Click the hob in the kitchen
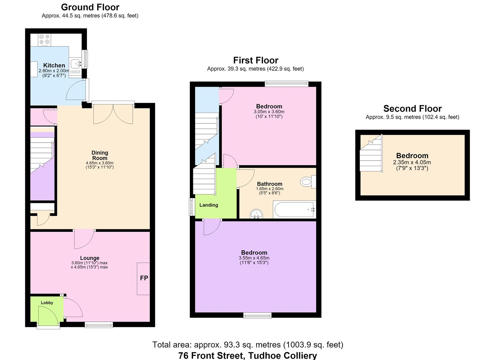[44, 40]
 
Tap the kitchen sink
[75, 64]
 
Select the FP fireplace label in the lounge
[144, 278]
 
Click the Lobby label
[47, 303]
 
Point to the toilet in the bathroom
[308, 182]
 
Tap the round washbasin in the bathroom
[256, 214]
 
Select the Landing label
[209, 205]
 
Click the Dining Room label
[100, 155]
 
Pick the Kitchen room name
[54, 65]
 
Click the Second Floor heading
[412, 109]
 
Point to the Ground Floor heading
[90, 7]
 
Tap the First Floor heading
[256, 60]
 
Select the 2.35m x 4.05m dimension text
[412, 162]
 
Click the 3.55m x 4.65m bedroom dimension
[254, 258]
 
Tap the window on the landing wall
[192, 207]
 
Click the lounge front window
[99, 325]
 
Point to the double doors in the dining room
[113, 113]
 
